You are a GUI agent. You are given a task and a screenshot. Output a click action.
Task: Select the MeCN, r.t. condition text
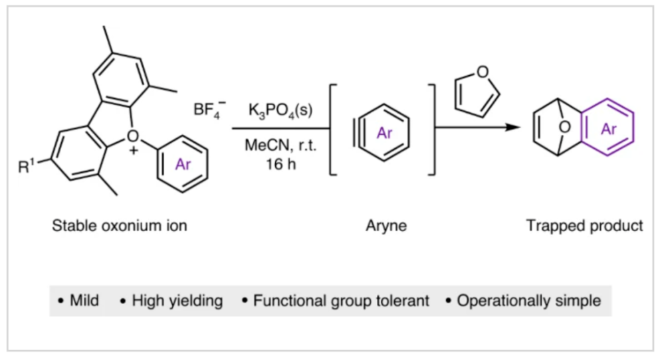(280, 146)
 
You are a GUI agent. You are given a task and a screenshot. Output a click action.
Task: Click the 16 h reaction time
(280, 164)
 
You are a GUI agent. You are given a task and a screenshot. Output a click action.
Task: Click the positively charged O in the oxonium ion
(133, 136)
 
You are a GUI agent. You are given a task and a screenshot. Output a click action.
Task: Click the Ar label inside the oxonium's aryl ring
(182, 165)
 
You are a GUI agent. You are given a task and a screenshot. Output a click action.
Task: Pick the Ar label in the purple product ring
(609, 130)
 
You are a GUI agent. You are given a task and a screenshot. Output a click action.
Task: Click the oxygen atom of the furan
(483, 72)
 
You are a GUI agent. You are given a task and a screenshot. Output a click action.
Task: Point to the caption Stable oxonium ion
(120, 226)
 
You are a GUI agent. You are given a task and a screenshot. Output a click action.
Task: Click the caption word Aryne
(386, 226)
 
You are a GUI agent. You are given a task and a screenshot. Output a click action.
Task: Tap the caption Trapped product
(585, 226)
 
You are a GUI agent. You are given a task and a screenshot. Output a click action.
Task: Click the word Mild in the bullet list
(84, 301)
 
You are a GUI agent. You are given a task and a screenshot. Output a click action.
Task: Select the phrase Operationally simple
(528, 301)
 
